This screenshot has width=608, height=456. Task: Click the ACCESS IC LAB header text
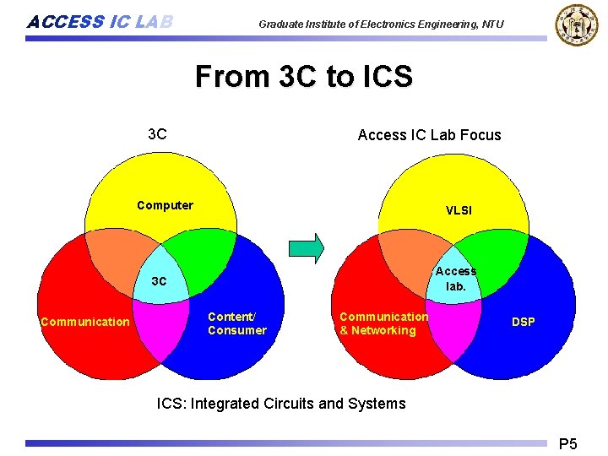pos(100,22)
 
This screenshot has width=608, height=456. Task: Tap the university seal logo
pos(575,24)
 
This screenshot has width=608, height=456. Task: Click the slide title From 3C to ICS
pos(304,77)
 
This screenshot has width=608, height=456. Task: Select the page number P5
pos(568,443)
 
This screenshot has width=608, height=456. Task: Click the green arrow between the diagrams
pos(307,247)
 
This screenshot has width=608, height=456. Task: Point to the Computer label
pos(165,205)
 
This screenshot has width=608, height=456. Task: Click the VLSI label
pos(459,209)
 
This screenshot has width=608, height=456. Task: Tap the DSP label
pos(523,322)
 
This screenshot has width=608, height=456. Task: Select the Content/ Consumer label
pos(236,323)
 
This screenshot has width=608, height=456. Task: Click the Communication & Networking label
pos(383,323)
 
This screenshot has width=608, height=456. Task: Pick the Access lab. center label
pos(456,278)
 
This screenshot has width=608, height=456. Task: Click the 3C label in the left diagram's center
pos(159,280)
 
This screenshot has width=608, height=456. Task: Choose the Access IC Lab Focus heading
pos(429,135)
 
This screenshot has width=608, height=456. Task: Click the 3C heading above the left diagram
pos(157,134)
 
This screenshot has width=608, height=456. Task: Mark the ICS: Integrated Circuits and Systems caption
pos(281,404)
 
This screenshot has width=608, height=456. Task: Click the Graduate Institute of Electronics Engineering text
pos(381,24)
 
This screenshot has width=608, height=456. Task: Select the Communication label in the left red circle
pos(85,322)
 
